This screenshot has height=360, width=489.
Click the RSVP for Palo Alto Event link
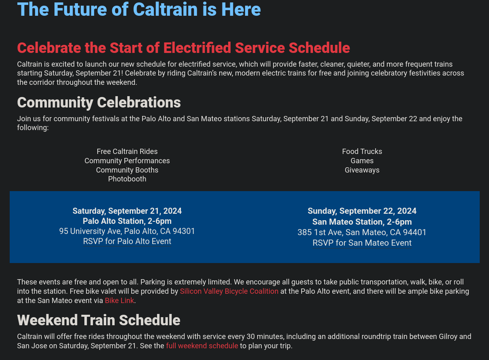pyautogui.click(x=127, y=241)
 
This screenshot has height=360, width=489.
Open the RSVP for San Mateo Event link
pyautogui.click(x=362, y=243)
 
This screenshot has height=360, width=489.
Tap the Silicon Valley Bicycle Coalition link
pyautogui.click(x=229, y=291)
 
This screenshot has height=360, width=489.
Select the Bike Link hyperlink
pyautogui.click(x=120, y=301)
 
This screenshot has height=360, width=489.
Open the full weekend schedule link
pyautogui.click(x=202, y=346)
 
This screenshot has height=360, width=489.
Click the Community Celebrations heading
pyautogui.click(x=99, y=103)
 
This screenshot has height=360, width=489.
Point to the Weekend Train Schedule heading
pyautogui.click(x=99, y=320)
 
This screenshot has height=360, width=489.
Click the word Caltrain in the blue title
pyautogui.click(x=165, y=9)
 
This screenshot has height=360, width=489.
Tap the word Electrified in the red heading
pyautogui.click(x=197, y=48)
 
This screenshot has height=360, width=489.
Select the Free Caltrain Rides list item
pyautogui.click(x=127, y=152)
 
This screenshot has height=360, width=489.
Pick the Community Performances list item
pyautogui.click(x=127, y=161)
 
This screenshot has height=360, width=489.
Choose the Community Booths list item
pyautogui.click(x=127, y=170)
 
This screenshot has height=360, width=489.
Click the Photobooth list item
pyautogui.click(x=127, y=179)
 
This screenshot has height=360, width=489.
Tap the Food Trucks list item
pyautogui.click(x=362, y=152)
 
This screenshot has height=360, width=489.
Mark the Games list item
pyautogui.click(x=362, y=161)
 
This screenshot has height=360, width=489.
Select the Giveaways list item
pyautogui.click(x=362, y=170)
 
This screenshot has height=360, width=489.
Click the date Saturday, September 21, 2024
pyautogui.click(x=127, y=211)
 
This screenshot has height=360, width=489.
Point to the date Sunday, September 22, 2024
pyautogui.click(x=362, y=211)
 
